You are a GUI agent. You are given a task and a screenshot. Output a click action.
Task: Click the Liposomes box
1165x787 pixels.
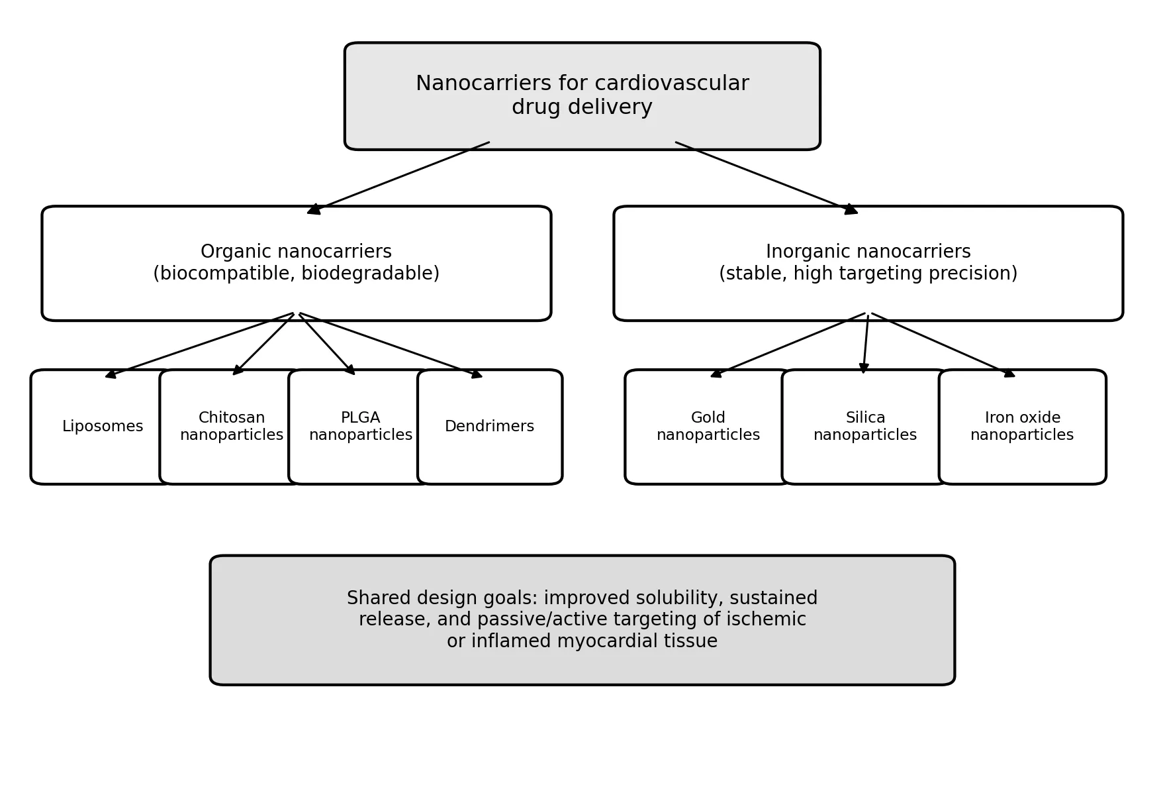pos(103,427)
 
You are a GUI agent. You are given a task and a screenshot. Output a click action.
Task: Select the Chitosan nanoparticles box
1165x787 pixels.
pos(232,427)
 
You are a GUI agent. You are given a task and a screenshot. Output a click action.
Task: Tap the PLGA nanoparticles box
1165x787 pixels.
pos(361,427)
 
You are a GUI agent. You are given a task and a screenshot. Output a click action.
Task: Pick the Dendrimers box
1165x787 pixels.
pos(490,427)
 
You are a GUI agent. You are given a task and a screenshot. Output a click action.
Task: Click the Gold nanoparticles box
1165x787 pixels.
pos(708,427)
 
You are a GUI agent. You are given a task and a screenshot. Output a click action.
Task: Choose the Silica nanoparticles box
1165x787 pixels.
pos(865,427)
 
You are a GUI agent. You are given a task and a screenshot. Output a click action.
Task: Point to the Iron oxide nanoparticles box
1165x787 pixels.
pos(1022,427)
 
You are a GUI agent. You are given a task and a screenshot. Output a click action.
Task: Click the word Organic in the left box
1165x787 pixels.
pos(230,252)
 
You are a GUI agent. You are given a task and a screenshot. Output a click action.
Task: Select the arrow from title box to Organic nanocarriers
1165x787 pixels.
pos(398,178)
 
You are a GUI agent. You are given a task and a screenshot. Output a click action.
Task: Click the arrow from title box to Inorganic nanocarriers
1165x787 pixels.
pos(767,178)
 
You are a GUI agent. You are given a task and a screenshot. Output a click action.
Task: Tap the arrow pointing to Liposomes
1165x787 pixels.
pos(199,346)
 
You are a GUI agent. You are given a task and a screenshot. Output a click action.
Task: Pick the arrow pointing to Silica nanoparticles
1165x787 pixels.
pos(866,344)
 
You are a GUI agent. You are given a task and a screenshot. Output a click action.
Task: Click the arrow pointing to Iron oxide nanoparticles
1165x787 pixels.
pos(943,345)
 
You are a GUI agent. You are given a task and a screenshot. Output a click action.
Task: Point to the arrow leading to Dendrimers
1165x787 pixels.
pos(391,346)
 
